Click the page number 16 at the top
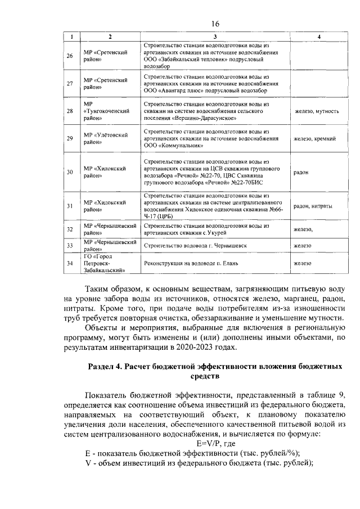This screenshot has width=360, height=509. pyautogui.click(x=214, y=24)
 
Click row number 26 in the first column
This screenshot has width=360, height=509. pyautogui.click(x=70, y=56)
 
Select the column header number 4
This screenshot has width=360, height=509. pyautogui.click(x=319, y=37)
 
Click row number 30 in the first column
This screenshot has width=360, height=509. pyautogui.click(x=70, y=172)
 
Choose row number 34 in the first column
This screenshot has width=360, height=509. pyautogui.click(x=70, y=263)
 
